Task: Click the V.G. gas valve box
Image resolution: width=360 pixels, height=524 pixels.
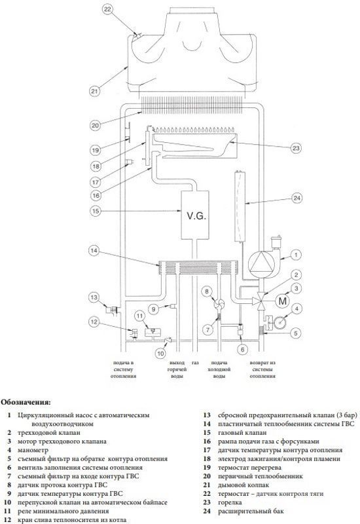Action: tap(194, 215)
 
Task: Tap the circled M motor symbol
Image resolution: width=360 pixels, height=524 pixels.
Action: tap(283, 301)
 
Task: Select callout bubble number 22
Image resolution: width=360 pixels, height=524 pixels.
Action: tap(107, 9)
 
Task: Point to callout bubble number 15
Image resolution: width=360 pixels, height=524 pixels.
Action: tap(95, 211)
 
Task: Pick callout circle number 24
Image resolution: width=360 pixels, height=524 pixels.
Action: tap(297, 198)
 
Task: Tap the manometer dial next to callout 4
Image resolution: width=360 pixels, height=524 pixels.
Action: tap(280, 322)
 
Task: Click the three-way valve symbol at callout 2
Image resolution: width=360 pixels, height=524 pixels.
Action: tap(260, 299)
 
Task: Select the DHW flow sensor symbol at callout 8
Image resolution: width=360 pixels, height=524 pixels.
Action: tap(219, 304)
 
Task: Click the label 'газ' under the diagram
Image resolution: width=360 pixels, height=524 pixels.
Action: tap(195, 363)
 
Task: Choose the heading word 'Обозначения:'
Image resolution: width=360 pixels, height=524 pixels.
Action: tap(26, 402)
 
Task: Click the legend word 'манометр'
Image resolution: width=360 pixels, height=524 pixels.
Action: tap(33, 450)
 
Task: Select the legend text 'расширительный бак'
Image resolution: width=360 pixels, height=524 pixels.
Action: tap(251, 511)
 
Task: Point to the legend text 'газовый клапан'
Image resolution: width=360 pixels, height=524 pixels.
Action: tap(242, 433)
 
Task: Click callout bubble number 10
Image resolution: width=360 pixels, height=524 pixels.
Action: tap(160, 353)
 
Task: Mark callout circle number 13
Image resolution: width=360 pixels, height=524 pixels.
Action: tap(94, 297)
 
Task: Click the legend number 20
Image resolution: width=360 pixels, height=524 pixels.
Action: tap(207, 476)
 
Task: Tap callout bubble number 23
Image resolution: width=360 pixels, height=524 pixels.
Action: tap(296, 148)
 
